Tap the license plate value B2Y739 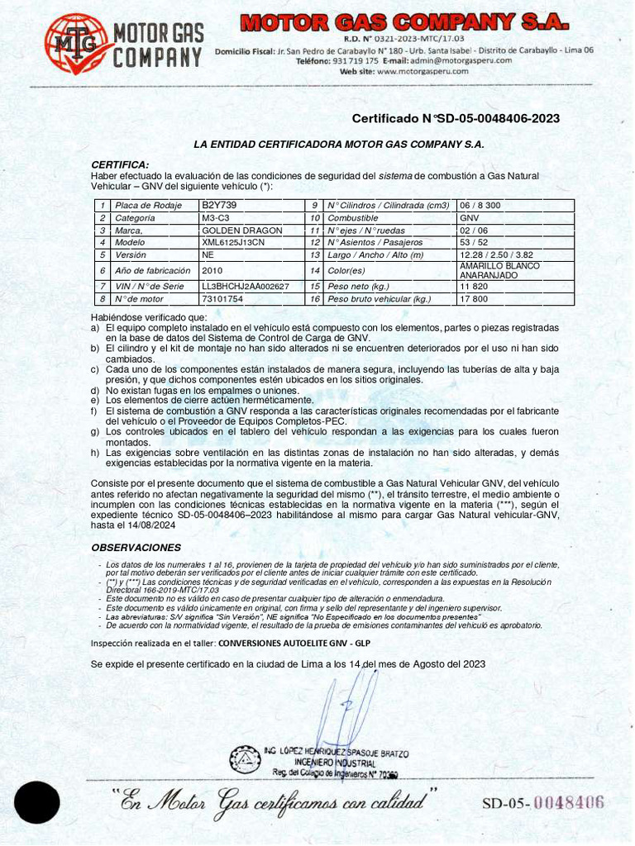[219, 205]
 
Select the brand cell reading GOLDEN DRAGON [241, 231]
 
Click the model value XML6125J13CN [233, 243]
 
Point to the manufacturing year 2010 [212, 270]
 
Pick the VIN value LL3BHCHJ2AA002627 [245, 286]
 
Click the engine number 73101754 [222, 299]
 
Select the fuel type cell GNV [469, 218]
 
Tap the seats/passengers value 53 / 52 [474, 243]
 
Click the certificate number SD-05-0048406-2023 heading [456, 119]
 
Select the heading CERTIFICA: [120, 164]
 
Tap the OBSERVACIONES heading [136, 548]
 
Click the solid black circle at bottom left [37, 802]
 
